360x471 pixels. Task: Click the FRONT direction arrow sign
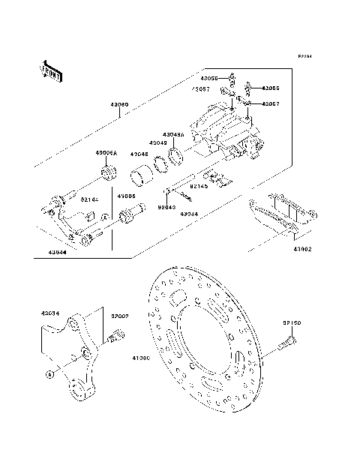[49, 69]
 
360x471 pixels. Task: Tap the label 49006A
[106, 152]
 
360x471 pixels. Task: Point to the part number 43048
[139, 154]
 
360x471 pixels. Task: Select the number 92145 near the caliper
[199, 185]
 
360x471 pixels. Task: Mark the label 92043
[166, 206]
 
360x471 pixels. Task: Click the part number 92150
[292, 323]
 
